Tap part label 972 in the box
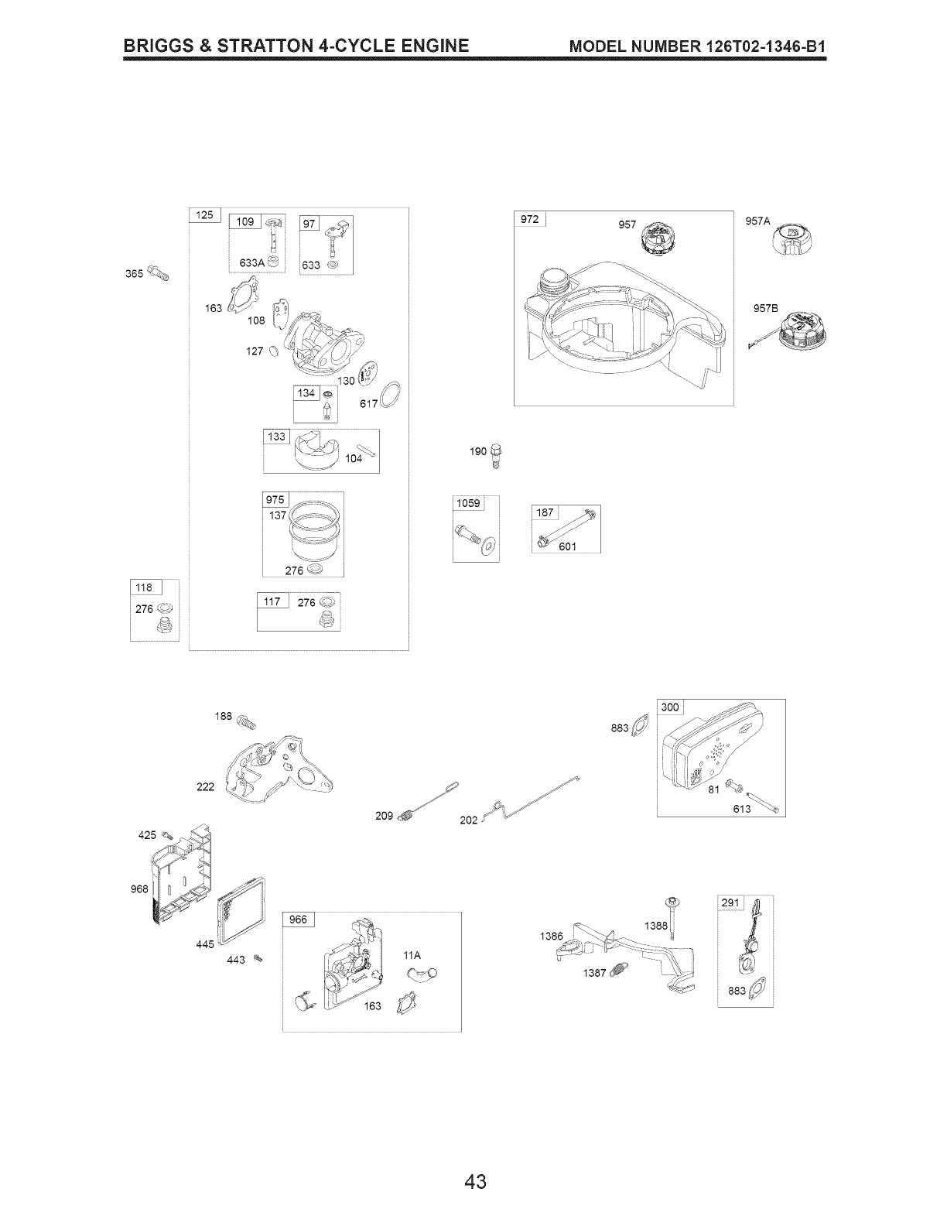point(529,220)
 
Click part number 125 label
point(205,215)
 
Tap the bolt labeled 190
point(497,454)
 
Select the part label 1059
point(467,503)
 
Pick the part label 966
point(298,919)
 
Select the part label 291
point(730,902)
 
